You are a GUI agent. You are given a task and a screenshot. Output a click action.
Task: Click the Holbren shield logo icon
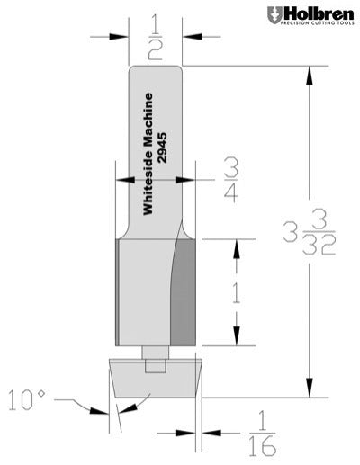point(274,15)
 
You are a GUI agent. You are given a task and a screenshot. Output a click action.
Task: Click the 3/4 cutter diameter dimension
point(230,177)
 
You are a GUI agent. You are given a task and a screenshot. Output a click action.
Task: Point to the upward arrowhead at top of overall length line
point(311,75)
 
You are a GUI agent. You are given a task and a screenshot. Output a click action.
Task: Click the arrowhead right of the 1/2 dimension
point(191,37)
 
